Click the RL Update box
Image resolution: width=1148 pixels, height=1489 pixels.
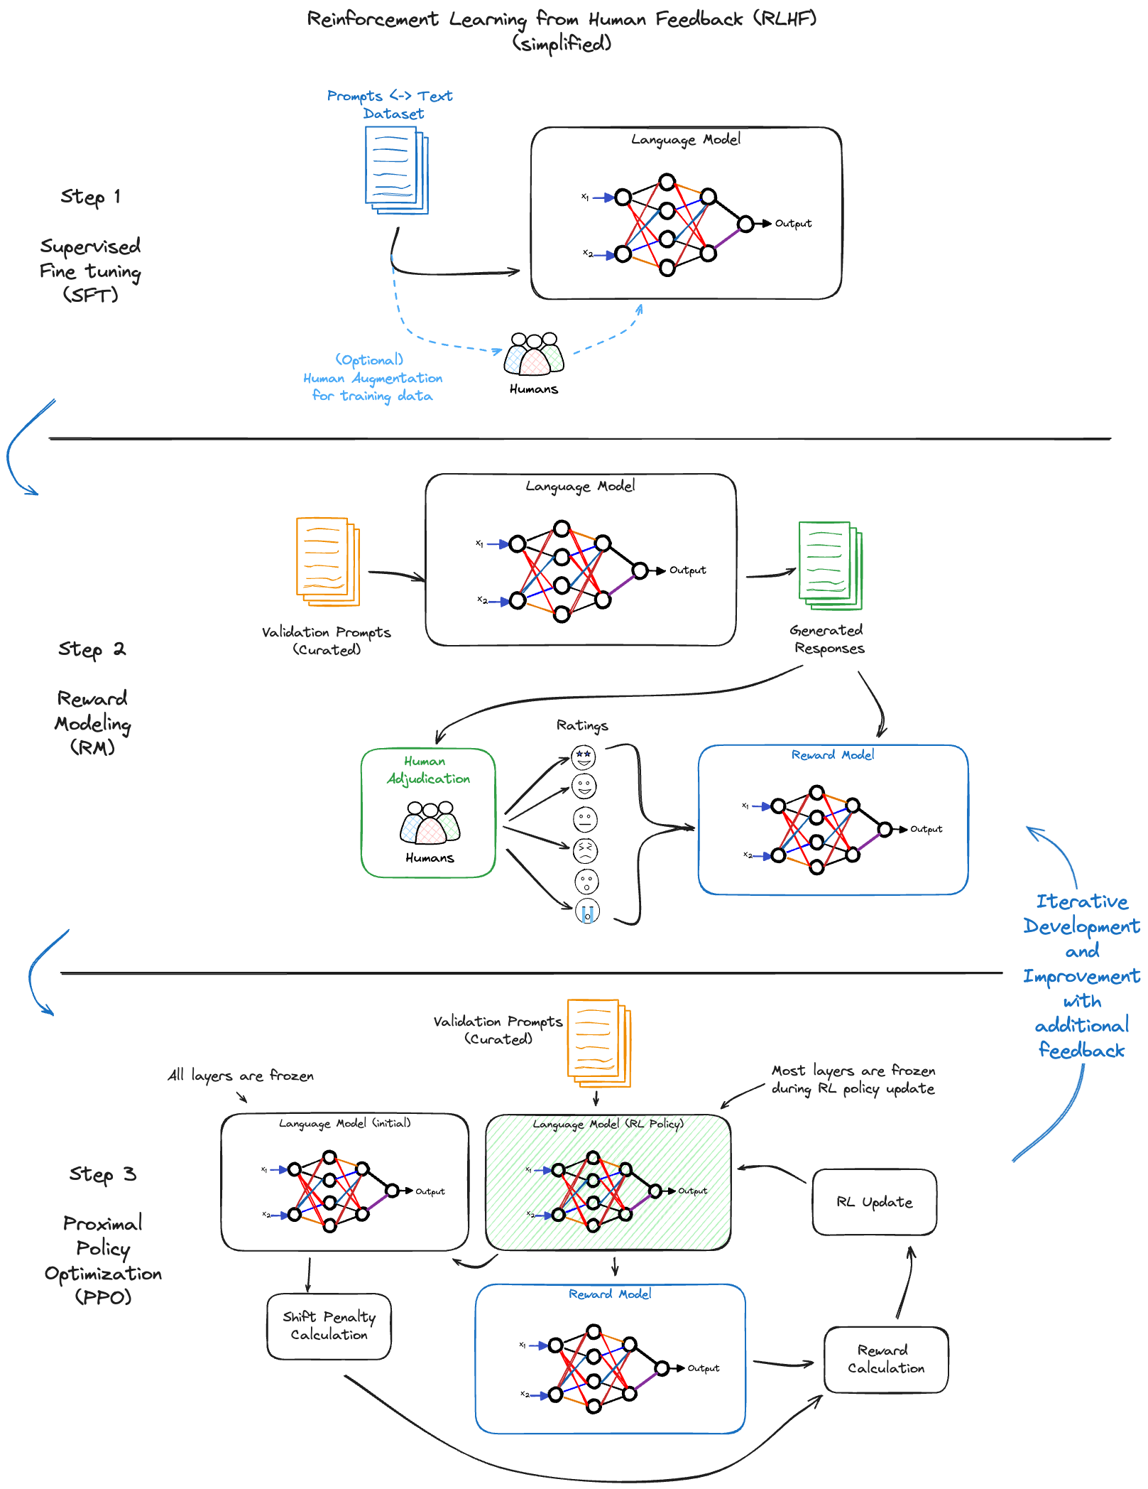click(x=874, y=1202)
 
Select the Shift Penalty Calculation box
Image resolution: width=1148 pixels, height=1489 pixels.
click(x=329, y=1326)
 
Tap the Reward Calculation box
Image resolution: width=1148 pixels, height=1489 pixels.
click(x=885, y=1359)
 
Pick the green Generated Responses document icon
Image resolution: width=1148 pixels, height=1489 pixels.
click(x=829, y=565)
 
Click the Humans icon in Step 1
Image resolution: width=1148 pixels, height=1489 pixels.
click(x=534, y=353)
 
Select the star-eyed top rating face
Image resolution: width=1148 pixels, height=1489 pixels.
click(x=584, y=757)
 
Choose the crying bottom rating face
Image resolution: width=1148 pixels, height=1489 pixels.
click(x=587, y=911)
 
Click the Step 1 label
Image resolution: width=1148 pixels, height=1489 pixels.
click(x=90, y=197)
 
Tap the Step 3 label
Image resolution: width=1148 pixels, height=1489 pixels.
click(x=102, y=1174)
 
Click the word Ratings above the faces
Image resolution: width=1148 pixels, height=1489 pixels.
click(x=582, y=725)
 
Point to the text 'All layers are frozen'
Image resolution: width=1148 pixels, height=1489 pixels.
click(x=241, y=1076)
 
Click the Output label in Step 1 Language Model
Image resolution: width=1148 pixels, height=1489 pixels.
click(x=793, y=224)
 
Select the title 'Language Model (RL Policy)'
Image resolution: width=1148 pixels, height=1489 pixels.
click(x=608, y=1124)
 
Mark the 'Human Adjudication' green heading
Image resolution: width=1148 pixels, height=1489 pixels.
click(x=428, y=770)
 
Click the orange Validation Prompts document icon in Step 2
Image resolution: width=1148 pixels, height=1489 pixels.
click(x=327, y=561)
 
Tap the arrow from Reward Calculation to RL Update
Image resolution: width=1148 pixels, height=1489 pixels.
click(x=905, y=1282)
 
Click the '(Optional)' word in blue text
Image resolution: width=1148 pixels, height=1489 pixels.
click(x=369, y=359)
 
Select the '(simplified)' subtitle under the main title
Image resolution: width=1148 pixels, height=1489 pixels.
click(x=562, y=44)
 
